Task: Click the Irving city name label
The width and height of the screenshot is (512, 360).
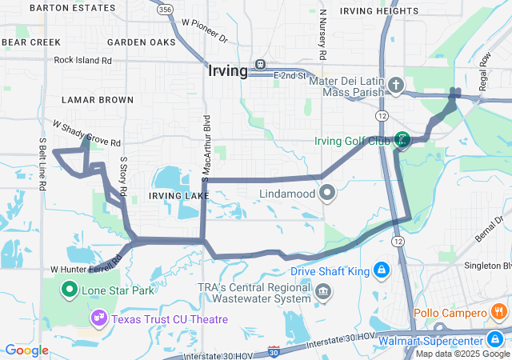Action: pyautogui.click(x=227, y=70)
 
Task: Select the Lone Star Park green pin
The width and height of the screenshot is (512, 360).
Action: pyautogui.click(x=70, y=290)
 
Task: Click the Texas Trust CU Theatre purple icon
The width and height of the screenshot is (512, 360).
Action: pyautogui.click(x=99, y=318)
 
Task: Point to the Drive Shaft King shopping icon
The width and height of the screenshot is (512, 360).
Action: pyautogui.click(x=382, y=271)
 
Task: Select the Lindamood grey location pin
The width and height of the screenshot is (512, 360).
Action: pyautogui.click(x=327, y=194)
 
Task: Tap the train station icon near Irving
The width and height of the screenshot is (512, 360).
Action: pyautogui.click(x=260, y=65)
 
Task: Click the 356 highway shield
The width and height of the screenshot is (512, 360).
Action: pyautogui.click(x=165, y=10)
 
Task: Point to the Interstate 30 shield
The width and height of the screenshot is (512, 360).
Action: pyautogui.click(x=274, y=350)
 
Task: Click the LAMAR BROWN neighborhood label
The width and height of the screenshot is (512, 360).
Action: pyautogui.click(x=98, y=100)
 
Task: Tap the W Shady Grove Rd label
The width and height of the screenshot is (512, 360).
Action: pyautogui.click(x=86, y=133)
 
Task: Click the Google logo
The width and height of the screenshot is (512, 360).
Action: pyautogui.click(x=26, y=350)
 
